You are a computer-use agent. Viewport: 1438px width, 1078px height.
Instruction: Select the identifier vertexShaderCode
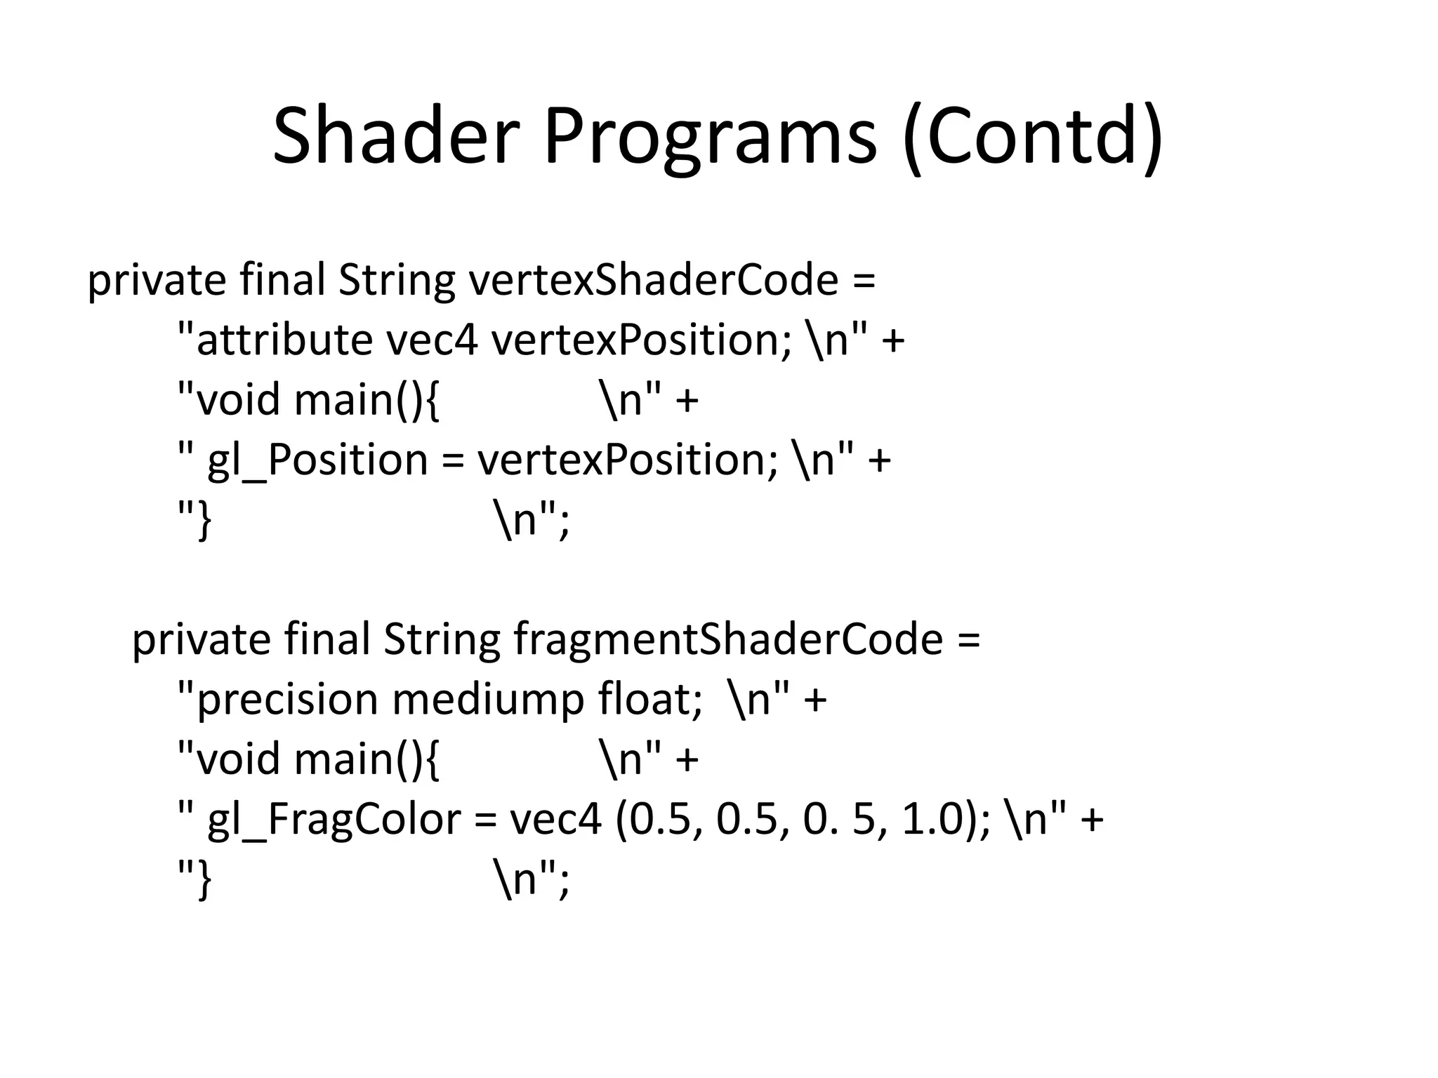point(653,280)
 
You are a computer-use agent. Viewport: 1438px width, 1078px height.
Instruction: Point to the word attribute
point(284,340)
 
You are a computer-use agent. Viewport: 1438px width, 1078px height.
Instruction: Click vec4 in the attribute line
point(432,340)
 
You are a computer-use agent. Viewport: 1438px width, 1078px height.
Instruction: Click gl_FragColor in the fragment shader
point(334,820)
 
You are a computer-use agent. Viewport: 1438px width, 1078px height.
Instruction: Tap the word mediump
point(487,700)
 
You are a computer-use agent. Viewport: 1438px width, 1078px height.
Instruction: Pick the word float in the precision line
point(649,700)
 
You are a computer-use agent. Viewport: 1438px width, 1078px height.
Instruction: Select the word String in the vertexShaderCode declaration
point(397,280)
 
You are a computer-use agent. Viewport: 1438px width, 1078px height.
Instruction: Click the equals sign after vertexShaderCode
point(864,281)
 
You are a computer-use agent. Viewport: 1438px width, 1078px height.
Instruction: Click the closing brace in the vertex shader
point(204,521)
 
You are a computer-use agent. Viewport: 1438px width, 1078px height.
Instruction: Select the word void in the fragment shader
point(239,759)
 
